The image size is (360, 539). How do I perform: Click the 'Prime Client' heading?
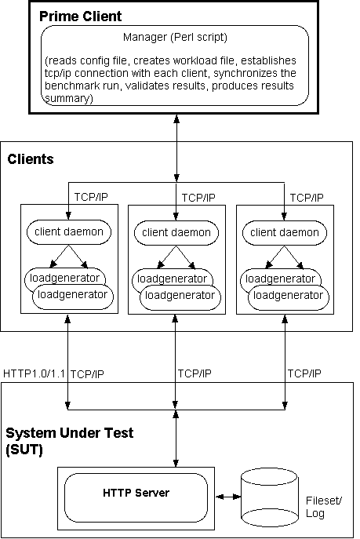[80, 16]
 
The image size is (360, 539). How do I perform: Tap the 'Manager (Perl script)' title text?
[175, 37]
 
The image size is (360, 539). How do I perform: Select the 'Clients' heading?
[31, 159]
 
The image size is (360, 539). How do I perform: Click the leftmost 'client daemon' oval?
[69, 232]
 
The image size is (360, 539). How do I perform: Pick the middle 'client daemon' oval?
[176, 233]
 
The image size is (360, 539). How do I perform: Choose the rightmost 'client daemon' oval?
[285, 233]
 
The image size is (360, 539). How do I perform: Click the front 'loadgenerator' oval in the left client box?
[73, 297]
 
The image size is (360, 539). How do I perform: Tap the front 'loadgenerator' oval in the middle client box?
[180, 297]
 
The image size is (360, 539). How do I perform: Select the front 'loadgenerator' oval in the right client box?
[289, 297]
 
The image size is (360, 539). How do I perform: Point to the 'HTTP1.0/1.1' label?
[34, 373]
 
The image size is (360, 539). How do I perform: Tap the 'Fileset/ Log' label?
[324, 507]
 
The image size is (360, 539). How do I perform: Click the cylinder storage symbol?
[269, 497]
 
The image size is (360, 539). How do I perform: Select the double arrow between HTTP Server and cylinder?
[228, 497]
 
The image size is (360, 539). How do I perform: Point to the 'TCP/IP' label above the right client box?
[307, 198]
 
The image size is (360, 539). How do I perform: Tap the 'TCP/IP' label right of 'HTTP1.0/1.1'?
[87, 374]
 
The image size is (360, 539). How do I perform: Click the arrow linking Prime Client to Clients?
[176, 148]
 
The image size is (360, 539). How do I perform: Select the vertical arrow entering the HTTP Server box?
[176, 439]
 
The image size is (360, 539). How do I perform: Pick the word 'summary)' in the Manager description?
[69, 98]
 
